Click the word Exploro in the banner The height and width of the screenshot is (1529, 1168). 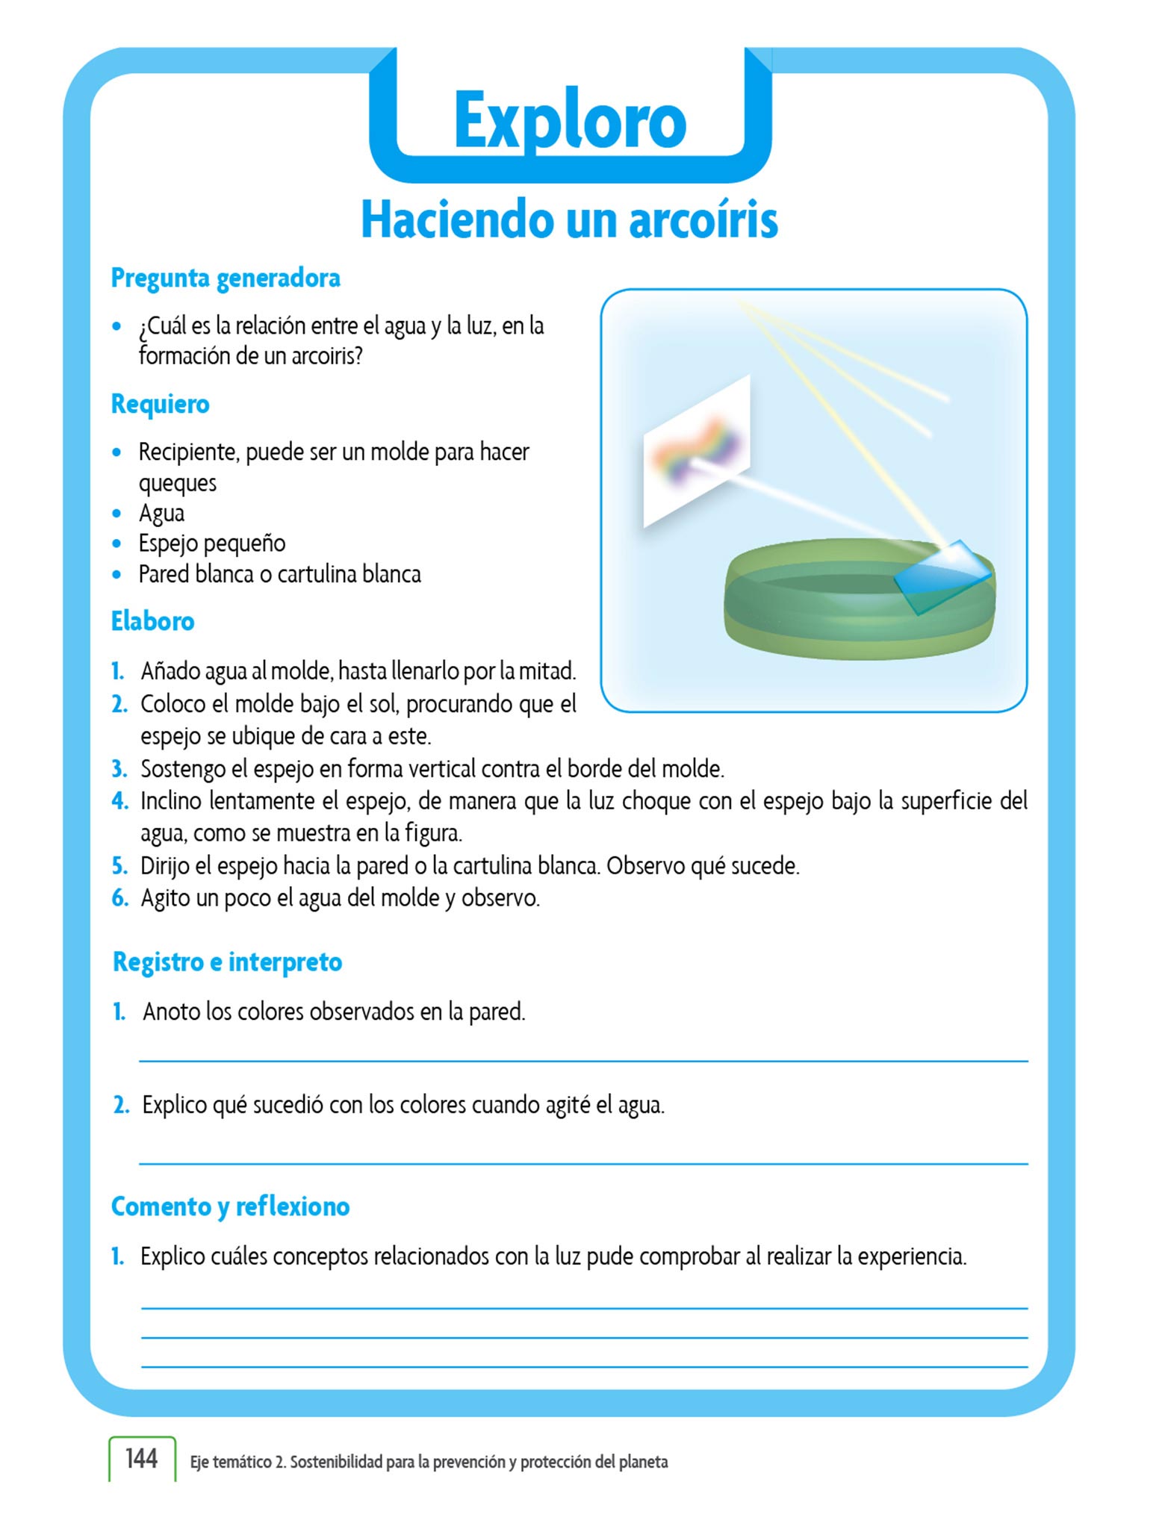[x=570, y=121]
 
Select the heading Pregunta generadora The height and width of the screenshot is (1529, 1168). [x=226, y=278]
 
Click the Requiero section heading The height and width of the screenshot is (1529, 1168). [x=160, y=405]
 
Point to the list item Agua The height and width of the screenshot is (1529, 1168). [x=161, y=514]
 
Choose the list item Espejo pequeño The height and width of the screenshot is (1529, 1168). [x=212, y=544]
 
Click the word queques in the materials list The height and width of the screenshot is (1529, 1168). [x=178, y=484]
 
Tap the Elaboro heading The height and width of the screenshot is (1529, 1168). [x=152, y=621]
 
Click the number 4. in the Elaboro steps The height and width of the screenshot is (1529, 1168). [x=119, y=801]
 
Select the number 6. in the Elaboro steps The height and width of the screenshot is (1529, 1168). [x=119, y=898]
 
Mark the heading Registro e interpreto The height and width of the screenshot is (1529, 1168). [x=227, y=962]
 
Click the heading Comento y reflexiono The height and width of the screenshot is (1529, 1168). [x=230, y=1207]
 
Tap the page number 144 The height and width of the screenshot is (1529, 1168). [x=141, y=1458]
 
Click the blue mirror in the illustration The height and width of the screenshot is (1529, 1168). [x=942, y=576]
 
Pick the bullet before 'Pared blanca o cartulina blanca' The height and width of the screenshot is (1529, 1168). [x=117, y=575]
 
